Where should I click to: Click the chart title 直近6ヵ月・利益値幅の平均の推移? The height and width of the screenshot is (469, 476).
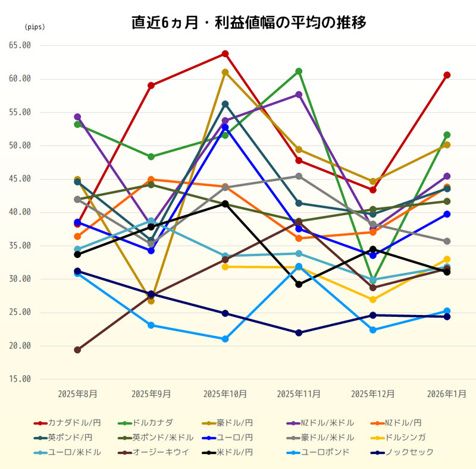pyautogui.click(x=249, y=23)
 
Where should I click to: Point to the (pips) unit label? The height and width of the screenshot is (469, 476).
pyautogui.click(x=35, y=27)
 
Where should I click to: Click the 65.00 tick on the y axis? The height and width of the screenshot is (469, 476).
pyautogui.click(x=20, y=45)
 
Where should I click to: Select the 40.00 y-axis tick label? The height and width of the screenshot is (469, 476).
pyautogui.click(x=20, y=212)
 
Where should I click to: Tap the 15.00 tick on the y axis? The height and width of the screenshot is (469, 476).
pyautogui.click(x=20, y=379)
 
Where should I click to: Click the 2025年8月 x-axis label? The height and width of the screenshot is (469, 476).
pyautogui.click(x=77, y=394)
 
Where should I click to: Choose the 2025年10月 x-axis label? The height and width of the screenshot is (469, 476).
pyautogui.click(x=225, y=394)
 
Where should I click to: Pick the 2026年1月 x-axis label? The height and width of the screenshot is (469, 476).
pyautogui.click(x=447, y=394)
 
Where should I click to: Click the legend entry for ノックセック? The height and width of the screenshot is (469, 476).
pyautogui.click(x=409, y=452)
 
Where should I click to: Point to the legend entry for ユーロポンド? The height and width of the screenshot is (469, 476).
pyautogui.click(x=325, y=452)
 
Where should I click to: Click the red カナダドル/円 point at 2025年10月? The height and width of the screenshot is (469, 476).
pyautogui.click(x=226, y=53)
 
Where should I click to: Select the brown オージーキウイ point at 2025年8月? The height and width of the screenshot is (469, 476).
pyautogui.click(x=77, y=350)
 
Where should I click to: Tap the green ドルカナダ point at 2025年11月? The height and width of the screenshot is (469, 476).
pyautogui.click(x=299, y=71)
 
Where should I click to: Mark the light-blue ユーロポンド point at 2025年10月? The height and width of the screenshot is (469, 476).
pyautogui.click(x=226, y=339)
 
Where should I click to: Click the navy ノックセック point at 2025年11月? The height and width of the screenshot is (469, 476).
pyautogui.click(x=299, y=333)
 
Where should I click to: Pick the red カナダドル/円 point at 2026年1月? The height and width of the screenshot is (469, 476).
pyautogui.click(x=447, y=75)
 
